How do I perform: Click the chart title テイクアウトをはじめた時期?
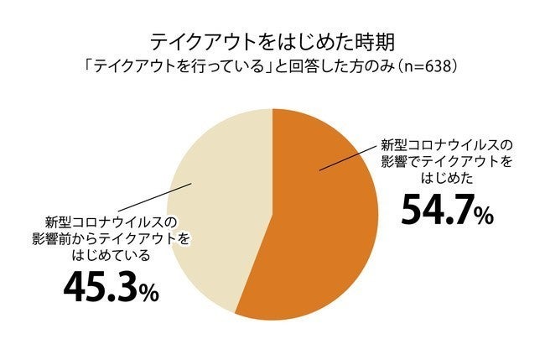[x=272, y=41]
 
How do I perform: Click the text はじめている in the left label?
[x=112, y=256]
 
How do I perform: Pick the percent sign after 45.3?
[x=148, y=293]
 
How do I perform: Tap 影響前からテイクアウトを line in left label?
[x=112, y=240]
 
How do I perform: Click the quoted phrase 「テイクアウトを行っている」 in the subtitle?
[x=201, y=65]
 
